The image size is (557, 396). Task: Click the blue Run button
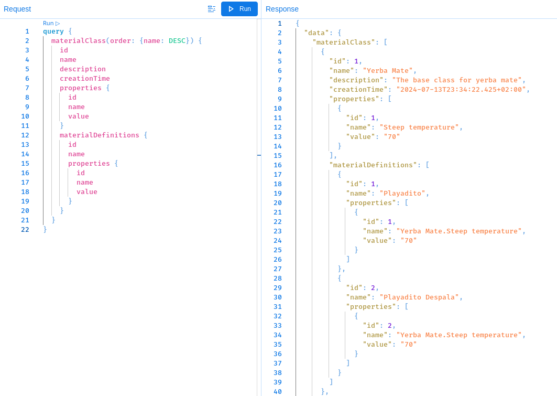[239, 9]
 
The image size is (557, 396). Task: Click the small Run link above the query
[51, 23]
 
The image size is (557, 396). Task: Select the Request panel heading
[17, 9]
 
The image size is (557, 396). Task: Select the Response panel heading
[282, 9]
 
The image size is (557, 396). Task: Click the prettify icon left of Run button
[211, 9]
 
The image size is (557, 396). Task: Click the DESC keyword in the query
[177, 41]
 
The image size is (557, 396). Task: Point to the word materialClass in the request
[78, 41]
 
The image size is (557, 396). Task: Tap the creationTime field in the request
[84, 79]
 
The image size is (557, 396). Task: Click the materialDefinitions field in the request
[99, 135]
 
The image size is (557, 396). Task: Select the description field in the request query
[82, 69]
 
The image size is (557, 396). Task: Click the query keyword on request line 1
[53, 31]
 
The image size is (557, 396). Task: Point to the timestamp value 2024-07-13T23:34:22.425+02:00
[461, 90]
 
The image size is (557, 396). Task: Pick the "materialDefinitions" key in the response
[373, 165]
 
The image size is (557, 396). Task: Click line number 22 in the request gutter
[25, 230]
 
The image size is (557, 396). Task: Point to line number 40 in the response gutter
[277, 392]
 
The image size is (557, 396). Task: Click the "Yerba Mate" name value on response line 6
[388, 71]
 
